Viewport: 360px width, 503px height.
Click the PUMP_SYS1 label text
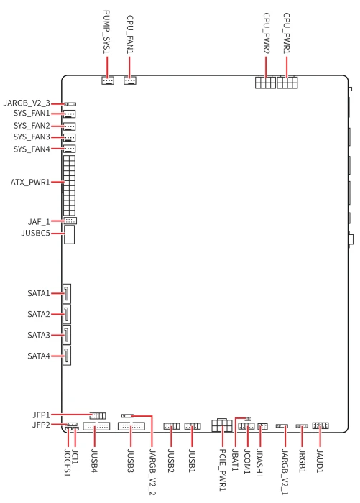(106, 32)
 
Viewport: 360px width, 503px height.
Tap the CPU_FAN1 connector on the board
(130, 80)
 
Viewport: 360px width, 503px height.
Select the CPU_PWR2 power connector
(265, 83)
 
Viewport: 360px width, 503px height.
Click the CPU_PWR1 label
(287, 33)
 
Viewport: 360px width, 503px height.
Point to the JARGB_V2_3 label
(27, 103)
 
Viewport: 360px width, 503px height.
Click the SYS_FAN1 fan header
(70, 114)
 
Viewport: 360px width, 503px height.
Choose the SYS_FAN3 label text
(32, 137)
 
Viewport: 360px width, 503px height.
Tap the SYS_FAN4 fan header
(70, 149)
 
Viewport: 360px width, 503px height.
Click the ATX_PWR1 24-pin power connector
(69, 185)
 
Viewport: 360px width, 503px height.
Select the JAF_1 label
(39, 221)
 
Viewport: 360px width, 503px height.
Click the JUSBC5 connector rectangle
(69, 234)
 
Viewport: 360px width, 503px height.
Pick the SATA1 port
(66, 294)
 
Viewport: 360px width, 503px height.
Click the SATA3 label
(39, 336)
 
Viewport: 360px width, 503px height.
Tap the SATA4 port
(66, 356)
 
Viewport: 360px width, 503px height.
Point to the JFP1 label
(41, 415)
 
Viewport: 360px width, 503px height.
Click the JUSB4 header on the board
(96, 426)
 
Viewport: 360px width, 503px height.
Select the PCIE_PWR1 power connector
(222, 425)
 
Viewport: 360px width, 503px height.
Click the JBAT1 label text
(235, 460)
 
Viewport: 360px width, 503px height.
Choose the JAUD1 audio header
(320, 425)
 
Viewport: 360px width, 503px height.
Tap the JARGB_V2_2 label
(152, 472)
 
